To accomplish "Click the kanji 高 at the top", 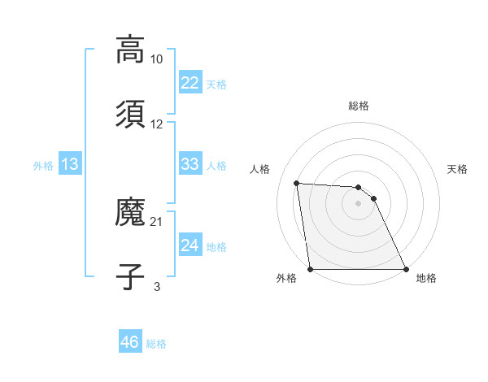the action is pos(130,49).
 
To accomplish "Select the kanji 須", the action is pos(130,114).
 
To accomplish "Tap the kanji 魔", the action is pos(130,211).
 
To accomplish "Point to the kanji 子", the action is pos(130,276).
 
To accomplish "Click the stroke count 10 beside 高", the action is pos(157,59).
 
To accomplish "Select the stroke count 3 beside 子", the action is pos(157,287).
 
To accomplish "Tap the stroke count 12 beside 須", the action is pos(157,124).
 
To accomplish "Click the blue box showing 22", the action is pos(190,83).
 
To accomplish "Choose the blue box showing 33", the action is pos(190,164).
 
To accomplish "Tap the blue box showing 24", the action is pos(190,245).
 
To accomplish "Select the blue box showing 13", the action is pos(70,164).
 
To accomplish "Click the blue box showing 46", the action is pos(129,342).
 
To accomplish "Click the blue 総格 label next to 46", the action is pos(156,344).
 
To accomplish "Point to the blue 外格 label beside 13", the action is pos(43,166).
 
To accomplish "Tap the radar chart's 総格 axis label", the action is pos(359,106).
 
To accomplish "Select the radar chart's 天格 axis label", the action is pos(458,169).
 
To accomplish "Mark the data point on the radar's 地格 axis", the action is pos(405,269).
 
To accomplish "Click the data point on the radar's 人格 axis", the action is pos(297,183).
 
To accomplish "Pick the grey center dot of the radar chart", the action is pos(359,203).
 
